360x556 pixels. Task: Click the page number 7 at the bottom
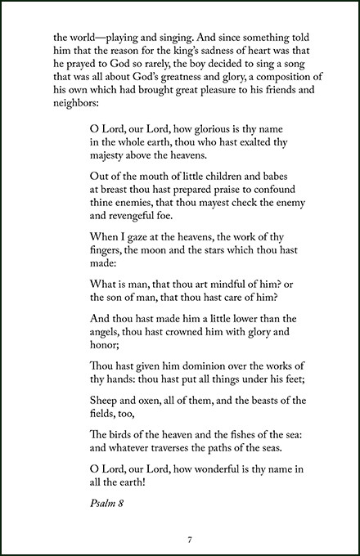tap(189, 540)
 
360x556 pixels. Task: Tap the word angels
tap(109, 344)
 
